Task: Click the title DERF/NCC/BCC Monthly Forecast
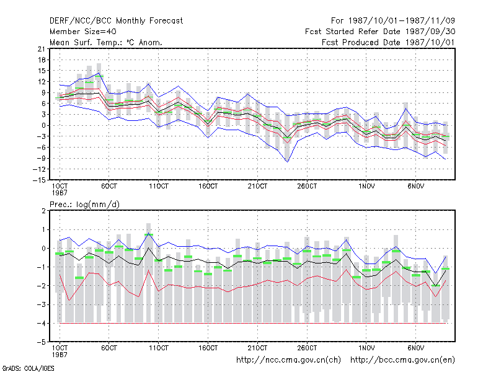(116, 21)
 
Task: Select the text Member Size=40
(83, 32)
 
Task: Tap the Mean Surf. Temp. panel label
(105, 42)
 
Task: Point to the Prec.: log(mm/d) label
(84, 205)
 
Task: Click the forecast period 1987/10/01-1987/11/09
(392, 21)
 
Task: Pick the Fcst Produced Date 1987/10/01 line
(388, 42)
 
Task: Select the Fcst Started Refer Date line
(380, 32)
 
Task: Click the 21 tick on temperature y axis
(42, 49)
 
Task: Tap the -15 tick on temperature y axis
(39, 180)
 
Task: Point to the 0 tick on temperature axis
(43, 125)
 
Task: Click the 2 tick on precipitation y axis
(43, 211)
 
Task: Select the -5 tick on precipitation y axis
(41, 342)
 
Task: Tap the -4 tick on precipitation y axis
(41, 323)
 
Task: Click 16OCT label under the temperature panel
(208, 186)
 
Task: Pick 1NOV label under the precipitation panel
(366, 348)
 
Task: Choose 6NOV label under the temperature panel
(415, 186)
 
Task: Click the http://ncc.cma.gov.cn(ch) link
(288, 360)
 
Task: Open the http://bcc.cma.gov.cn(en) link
(402, 360)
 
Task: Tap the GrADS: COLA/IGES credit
(28, 368)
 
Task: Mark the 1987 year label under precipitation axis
(60, 355)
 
